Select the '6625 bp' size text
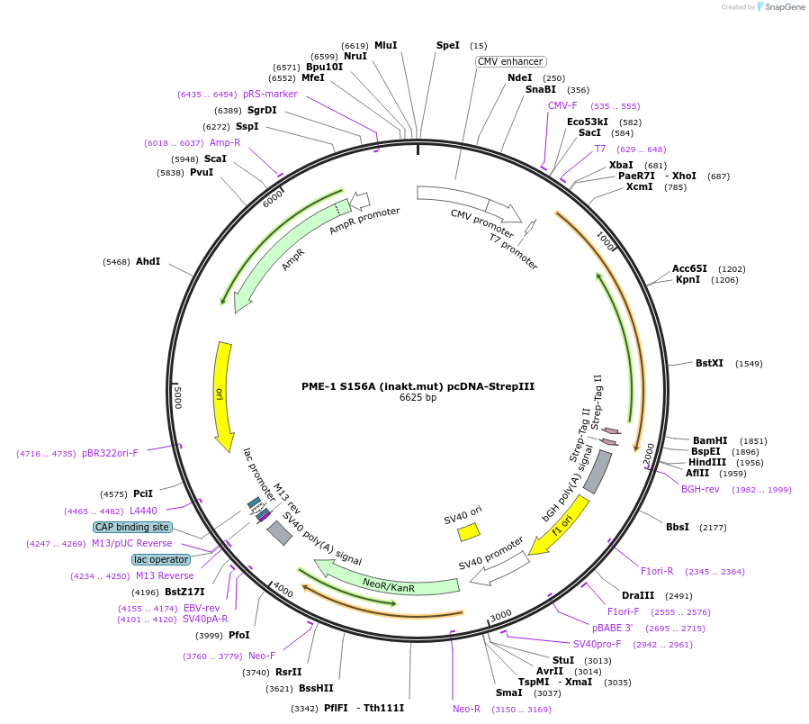click(418, 398)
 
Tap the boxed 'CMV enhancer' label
click(510, 61)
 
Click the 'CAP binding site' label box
click(132, 527)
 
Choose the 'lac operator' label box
click(161, 559)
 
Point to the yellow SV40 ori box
click(468, 532)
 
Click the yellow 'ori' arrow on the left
click(221, 394)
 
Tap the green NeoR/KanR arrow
click(387, 582)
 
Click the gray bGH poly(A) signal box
click(598, 471)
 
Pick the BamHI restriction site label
click(710, 440)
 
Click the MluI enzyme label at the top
click(385, 45)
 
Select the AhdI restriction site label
click(148, 261)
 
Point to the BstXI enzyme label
click(709, 363)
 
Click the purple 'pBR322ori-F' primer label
click(110, 453)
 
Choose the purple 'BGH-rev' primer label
click(699, 489)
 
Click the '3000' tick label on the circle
click(500, 614)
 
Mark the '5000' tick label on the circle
click(178, 396)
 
